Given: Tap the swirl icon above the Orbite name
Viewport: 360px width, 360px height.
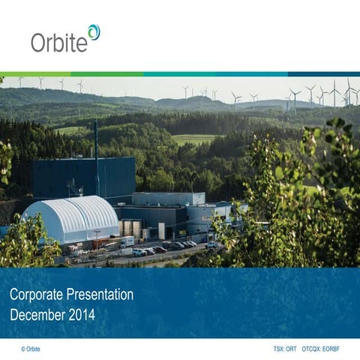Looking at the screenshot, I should click(x=93, y=31).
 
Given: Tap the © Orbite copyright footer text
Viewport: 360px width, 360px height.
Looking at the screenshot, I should click(x=32, y=349).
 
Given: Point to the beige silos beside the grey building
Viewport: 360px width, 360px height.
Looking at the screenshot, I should click(x=130, y=228).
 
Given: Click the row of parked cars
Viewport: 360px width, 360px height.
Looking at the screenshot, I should click(x=169, y=247).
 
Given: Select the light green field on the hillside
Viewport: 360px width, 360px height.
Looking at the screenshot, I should click(x=193, y=139).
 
